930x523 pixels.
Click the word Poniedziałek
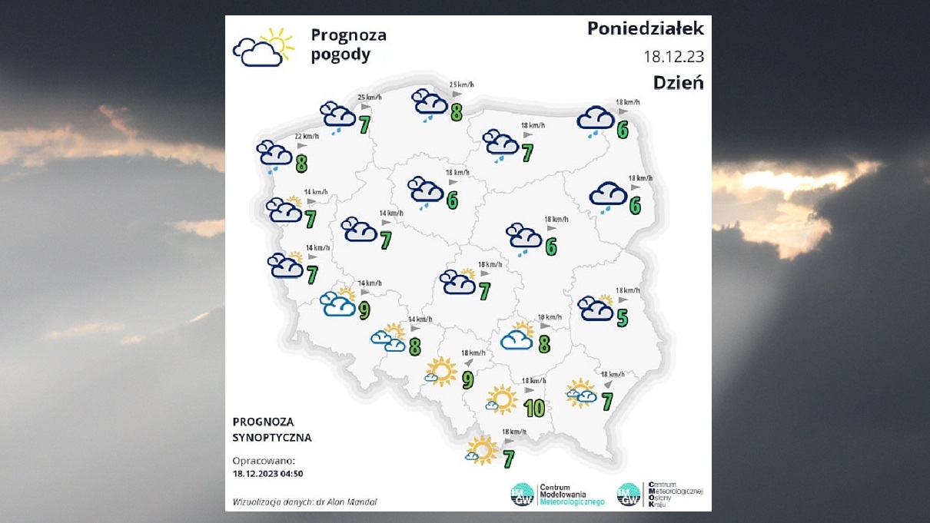tap(645, 29)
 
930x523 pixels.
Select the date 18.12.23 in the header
tap(673, 56)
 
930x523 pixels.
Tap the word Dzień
tap(678, 82)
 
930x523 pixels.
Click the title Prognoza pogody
tap(348, 45)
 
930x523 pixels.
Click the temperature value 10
tap(533, 408)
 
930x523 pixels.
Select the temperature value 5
tap(622, 317)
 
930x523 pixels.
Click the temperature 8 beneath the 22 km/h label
tap(301, 163)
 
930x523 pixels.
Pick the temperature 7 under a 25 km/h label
tap(364, 124)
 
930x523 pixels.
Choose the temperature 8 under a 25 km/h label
tap(457, 112)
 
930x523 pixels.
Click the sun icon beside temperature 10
tap(503, 399)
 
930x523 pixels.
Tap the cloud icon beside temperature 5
tap(596, 309)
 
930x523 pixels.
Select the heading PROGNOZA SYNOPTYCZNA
tap(272, 430)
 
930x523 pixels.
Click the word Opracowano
tap(263, 460)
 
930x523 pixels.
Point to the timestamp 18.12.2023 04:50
tap(267, 474)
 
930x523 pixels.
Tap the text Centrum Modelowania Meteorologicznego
tap(572, 495)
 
